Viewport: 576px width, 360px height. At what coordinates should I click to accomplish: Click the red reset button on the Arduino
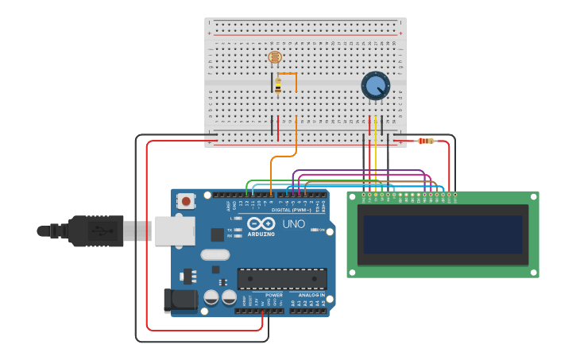coord(186,201)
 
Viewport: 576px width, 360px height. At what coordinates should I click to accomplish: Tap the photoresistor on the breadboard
coord(275,57)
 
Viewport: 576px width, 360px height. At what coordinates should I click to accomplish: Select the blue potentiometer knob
coord(375,86)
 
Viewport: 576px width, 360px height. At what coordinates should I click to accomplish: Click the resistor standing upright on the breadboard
coord(277,84)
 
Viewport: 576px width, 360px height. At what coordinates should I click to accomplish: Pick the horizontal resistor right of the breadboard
coord(427,141)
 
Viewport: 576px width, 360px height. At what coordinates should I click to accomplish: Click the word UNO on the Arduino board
coord(293,225)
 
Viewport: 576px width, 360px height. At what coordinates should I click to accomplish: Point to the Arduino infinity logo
coord(261,225)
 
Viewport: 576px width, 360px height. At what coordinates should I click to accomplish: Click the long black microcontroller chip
coord(282,279)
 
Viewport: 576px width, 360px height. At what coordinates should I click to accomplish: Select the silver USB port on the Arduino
coord(174,230)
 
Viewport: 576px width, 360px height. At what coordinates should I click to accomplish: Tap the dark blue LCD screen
coord(443,234)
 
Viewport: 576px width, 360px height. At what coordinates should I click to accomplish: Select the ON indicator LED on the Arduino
coord(314,230)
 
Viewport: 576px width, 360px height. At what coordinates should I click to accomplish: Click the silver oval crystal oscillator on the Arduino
coord(215,255)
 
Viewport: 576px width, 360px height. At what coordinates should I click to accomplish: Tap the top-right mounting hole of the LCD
coord(533,196)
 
